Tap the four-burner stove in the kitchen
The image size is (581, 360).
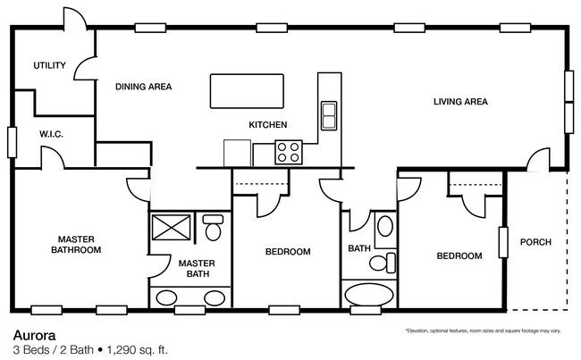tap(289, 153)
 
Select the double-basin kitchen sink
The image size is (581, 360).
tap(328, 115)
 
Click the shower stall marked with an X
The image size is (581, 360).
tap(171, 227)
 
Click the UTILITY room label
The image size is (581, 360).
tap(50, 65)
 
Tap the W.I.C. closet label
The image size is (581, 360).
tap(51, 134)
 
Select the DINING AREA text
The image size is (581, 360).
tap(143, 87)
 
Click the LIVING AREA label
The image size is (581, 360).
tap(460, 102)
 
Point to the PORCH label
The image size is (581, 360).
tap(535, 242)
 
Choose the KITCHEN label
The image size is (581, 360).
tap(267, 124)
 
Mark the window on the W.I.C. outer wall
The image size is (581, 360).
tap(12, 143)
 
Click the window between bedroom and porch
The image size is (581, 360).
tap(504, 241)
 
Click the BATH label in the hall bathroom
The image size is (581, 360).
tap(359, 249)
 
